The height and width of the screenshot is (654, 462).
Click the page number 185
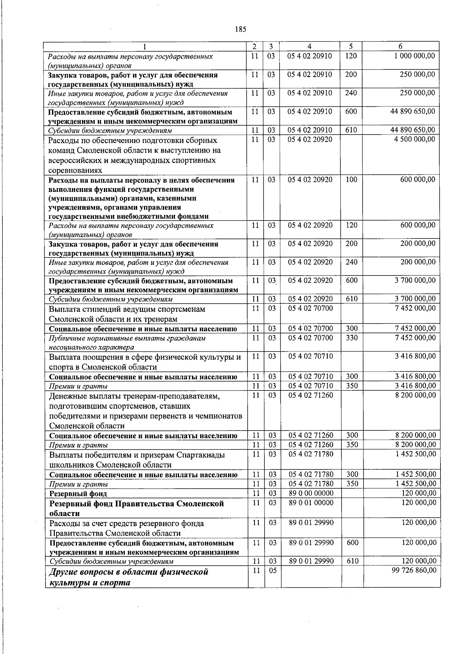240,29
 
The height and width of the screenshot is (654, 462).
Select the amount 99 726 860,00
414,570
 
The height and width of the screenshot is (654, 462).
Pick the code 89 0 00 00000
311,493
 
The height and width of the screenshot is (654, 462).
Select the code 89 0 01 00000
311,503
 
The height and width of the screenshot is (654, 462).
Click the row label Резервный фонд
78,494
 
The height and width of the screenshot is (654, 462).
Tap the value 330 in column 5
352,338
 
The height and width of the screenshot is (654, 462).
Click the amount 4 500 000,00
415,139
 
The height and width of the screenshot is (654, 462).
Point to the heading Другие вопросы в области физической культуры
129,577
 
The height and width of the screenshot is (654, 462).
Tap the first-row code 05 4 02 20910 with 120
310,56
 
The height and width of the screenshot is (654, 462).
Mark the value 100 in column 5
352,180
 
